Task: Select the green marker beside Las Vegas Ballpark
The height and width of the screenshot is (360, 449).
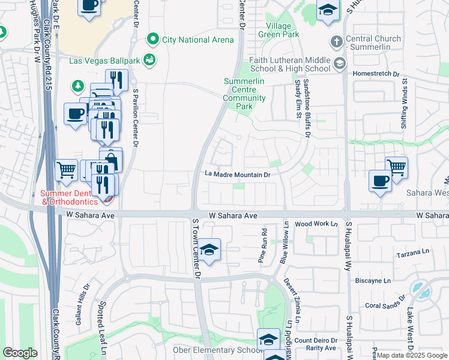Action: coord(149,59)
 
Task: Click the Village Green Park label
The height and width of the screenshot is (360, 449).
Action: coord(275,31)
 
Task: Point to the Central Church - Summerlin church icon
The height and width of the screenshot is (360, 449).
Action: coord(336,42)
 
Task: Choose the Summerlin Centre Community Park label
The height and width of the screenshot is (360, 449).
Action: coord(244,94)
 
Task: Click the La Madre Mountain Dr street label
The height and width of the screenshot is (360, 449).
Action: coord(238,175)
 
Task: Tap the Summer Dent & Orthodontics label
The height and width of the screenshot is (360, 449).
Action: coord(69,197)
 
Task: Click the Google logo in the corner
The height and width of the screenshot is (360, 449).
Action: coord(20,353)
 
